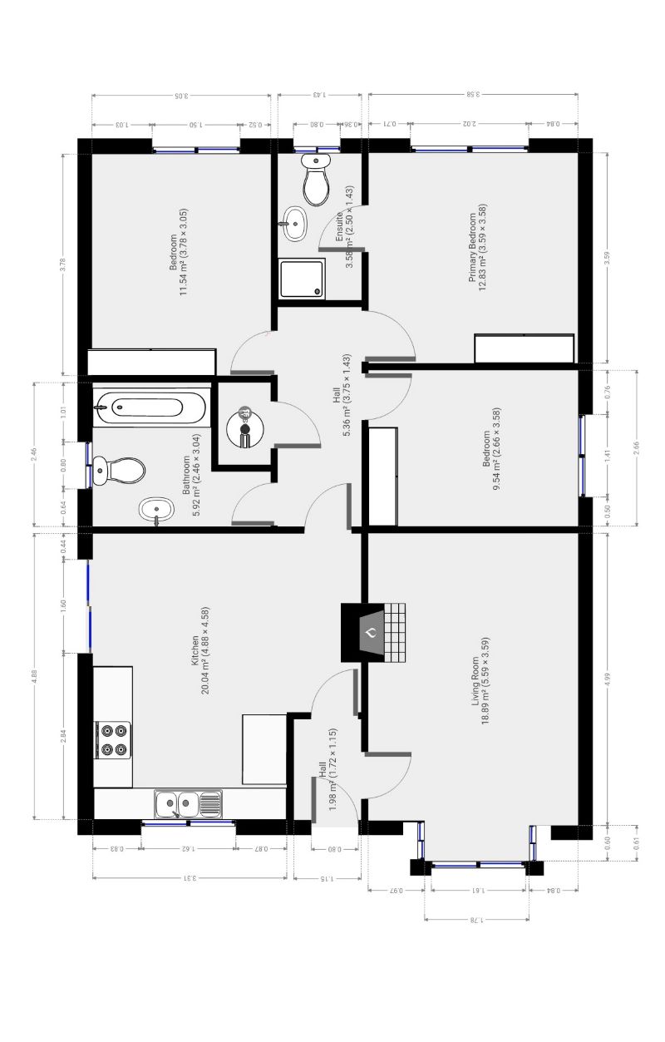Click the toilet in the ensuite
(316, 180)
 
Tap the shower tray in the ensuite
(301, 278)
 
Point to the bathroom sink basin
(155, 509)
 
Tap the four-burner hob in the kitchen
(114, 740)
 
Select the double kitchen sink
(178, 803)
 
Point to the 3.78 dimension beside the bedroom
(63, 264)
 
